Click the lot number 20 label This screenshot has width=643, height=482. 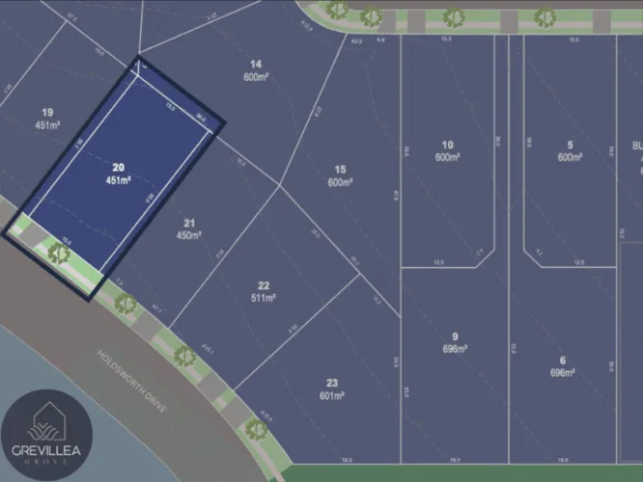click(x=119, y=166)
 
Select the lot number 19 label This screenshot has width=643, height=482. click(x=47, y=111)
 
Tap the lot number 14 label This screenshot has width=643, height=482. click(x=255, y=64)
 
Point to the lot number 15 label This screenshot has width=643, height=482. click(x=340, y=169)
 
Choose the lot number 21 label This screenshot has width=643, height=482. click(x=188, y=223)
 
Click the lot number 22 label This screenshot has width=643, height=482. click(x=263, y=285)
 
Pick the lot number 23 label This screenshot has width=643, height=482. click(x=332, y=383)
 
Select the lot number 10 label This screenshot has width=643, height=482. click(x=446, y=144)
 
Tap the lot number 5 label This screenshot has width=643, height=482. click(x=571, y=144)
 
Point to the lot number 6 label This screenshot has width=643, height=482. click(x=563, y=360)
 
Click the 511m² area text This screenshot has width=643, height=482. click(x=263, y=298)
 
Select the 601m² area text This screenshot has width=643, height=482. click(x=332, y=395)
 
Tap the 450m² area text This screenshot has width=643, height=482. click(x=188, y=235)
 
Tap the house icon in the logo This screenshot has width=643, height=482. click(x=46, y=421)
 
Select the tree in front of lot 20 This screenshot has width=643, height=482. click(x=59, y=253)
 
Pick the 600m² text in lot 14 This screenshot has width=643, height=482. click(x=255, y=77)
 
